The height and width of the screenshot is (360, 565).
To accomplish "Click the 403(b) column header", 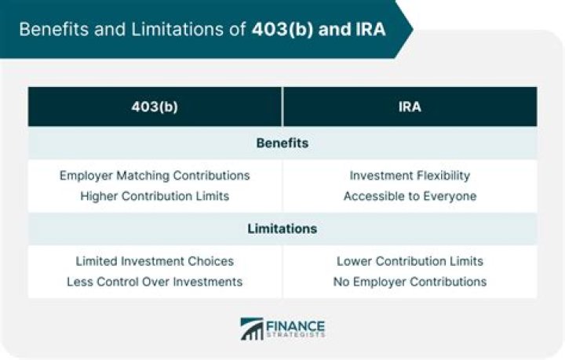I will click(155, 107).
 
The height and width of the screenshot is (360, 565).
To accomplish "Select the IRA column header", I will click(410, 107).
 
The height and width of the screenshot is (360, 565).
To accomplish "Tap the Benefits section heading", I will click(282, 144).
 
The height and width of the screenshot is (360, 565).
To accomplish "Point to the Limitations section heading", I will click(282, 229).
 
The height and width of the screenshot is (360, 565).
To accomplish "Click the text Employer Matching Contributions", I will click(155, 175).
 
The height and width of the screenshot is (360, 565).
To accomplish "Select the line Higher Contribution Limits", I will click(155, 196).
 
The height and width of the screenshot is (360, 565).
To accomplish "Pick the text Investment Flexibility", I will click(410, 175).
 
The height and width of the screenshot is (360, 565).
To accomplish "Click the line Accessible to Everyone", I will click(410, 196).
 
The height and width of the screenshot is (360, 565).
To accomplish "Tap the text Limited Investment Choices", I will click(155, 260).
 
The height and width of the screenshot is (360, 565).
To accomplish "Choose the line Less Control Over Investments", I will click(155, 282).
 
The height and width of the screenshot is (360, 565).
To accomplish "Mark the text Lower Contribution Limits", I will click(410, 260).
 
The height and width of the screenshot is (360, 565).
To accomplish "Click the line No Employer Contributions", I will click(410, 282).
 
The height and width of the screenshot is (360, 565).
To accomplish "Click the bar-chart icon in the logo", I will click(252, 329).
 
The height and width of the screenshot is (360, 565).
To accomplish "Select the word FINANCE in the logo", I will click(296, 325).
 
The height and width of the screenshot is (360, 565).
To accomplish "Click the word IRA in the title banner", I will click(369, 31).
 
